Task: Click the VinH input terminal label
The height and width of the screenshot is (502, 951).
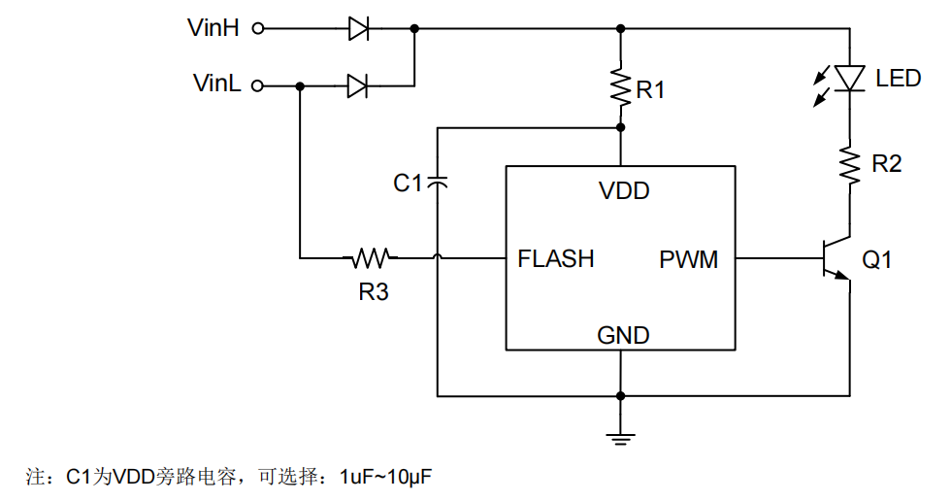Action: click(213, 28)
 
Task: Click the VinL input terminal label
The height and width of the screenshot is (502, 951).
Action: click(216, 84)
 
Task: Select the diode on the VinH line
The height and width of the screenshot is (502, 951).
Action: click(359, 29)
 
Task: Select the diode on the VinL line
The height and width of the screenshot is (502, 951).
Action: click(359, 86)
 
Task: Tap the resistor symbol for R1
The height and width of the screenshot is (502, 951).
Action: click(620, 87)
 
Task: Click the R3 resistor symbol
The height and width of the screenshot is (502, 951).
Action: click(370, 258)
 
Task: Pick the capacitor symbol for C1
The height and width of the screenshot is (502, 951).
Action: click(438, 182)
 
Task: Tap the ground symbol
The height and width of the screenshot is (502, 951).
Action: click(620, 437)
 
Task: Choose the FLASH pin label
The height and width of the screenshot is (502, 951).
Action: click(555, 259)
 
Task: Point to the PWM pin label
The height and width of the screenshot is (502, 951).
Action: click(689, 259)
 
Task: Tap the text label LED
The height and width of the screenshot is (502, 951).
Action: click(898, 79)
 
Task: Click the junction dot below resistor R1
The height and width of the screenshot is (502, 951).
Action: click(620, 127)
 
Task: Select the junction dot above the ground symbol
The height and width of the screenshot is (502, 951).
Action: click(620, 396)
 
